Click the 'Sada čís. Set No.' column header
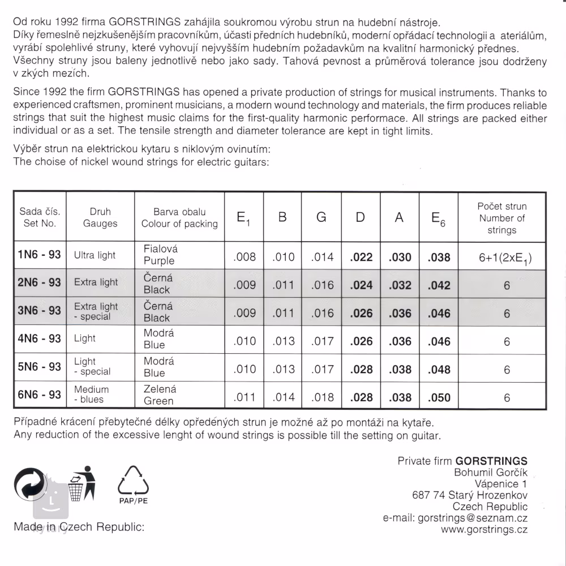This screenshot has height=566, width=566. [x=40, y=217]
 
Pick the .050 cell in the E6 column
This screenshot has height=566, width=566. [x=439, y=397]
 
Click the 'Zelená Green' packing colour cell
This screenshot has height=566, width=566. [x=160, y=395]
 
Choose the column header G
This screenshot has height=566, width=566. [x=321, y=218]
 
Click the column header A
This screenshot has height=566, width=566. [x=399, y=218]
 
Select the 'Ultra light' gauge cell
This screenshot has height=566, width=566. [x=95, y=255]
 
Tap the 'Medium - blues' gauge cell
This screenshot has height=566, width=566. [x=92, y=395]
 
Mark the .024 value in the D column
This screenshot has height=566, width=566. [x=361, y=285]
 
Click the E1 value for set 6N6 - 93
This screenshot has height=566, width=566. [x=245, y=397]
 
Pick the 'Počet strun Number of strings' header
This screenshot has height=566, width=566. [x=502, y=218]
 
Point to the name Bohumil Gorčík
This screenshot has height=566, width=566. [x=490, y=473]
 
